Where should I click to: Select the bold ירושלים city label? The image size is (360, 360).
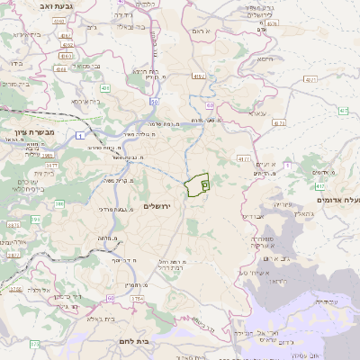point(163,206)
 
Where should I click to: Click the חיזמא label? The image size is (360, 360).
point(264,60)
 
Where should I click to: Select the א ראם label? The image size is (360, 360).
point(201,31)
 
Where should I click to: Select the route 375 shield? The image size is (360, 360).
point(34,344)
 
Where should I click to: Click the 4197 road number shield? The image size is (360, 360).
point(198,76)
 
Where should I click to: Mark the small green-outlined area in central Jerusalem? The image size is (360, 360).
point(196,185)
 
